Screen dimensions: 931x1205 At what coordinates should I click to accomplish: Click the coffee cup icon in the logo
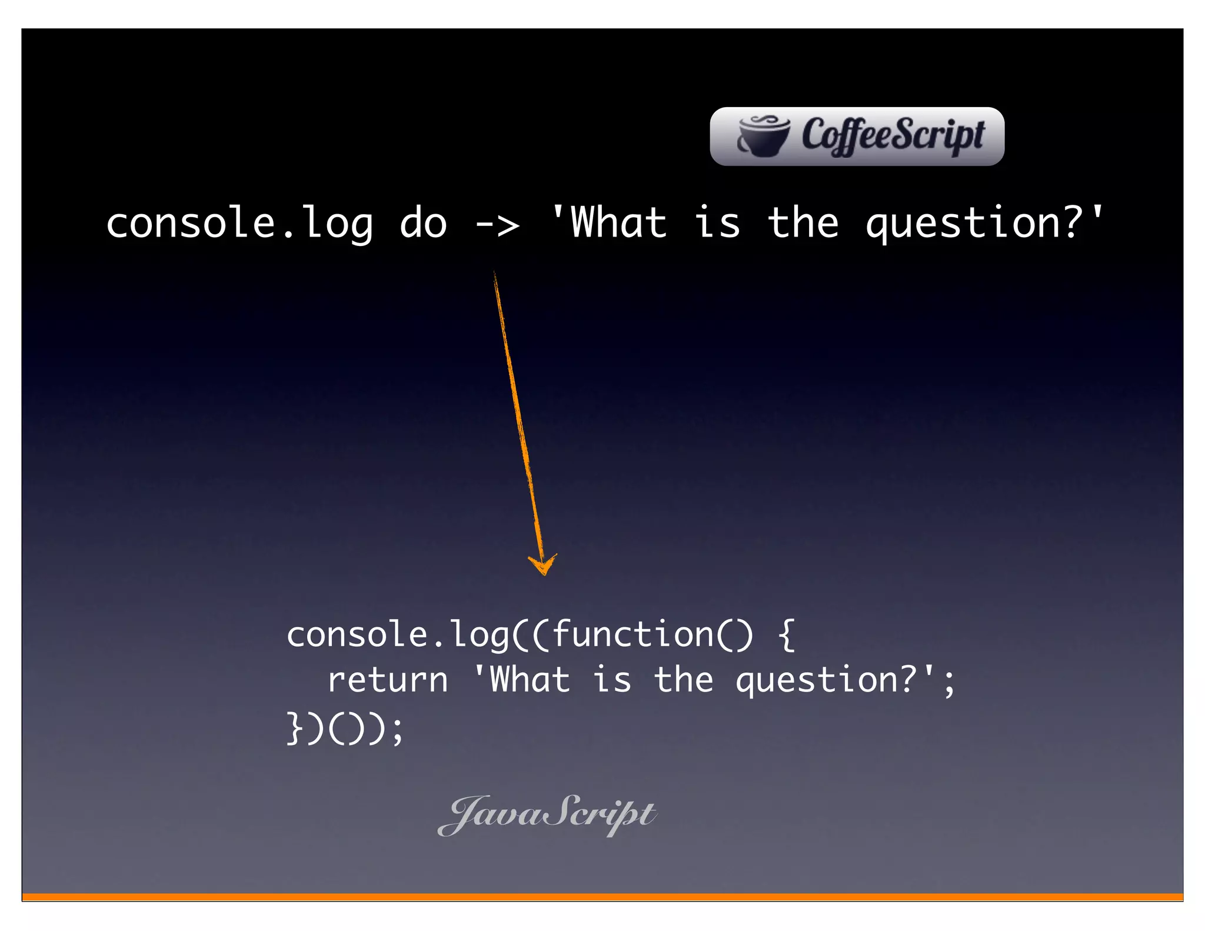click(764, 137)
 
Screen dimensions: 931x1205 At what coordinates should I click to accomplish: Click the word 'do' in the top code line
click(423, 224)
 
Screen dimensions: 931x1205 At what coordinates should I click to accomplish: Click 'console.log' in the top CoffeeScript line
click(239, 224)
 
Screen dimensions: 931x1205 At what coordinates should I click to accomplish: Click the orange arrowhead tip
click(543, 572)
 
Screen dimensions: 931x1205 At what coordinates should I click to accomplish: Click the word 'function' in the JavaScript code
click(633, 634)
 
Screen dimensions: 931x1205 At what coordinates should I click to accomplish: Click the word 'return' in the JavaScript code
click(388, 680)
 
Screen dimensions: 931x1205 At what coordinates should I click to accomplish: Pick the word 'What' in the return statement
click(530, 680)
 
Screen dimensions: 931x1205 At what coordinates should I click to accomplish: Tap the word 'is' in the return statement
click(612, 680)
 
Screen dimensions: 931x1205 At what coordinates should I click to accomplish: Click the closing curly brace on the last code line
click(294, 728)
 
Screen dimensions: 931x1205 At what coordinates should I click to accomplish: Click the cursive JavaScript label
click(547, 814)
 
